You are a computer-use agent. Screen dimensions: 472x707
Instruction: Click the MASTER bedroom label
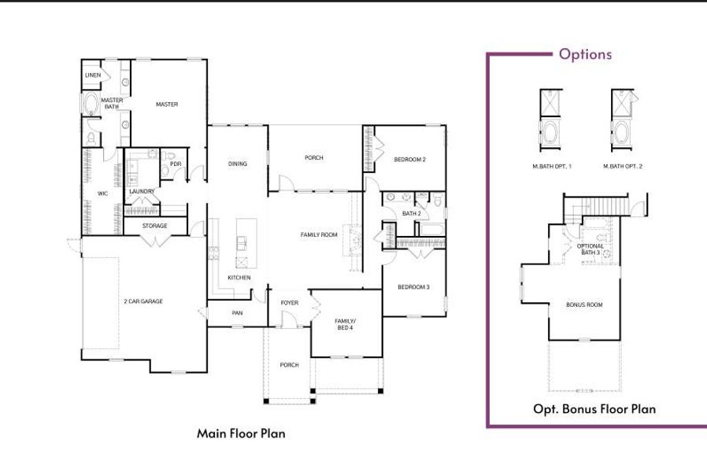(x=167, y=105)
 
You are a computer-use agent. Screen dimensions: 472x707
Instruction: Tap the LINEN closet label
(x=93, y=76)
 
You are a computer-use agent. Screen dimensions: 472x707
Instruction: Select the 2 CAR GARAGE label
(x=143, y=301)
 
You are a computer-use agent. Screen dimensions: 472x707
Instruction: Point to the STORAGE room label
(x=154, y=227)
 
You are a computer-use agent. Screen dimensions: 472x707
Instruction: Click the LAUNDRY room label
(x=142, y=191)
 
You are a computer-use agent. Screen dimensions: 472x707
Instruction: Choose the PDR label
(x=176, y=164)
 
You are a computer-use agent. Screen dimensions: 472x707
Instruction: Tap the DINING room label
(x=238, y=164)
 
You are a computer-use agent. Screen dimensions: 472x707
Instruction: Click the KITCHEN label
(x=239, y=278)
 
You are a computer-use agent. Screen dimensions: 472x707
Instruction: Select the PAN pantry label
(x=237, y=313)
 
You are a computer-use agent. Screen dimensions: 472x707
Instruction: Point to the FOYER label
(x=289, y=303)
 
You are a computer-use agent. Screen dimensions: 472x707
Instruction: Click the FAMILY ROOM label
(x=319, y=234)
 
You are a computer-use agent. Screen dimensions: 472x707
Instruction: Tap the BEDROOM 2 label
(x=409, y=160)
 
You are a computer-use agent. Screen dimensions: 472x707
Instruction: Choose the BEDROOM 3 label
(x=413, y=287)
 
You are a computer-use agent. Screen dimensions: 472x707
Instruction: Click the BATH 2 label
(x=411, y=213)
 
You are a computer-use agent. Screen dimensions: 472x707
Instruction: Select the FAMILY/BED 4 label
(x=345, y=324)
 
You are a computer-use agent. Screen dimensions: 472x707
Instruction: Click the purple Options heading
(x=585, y=54)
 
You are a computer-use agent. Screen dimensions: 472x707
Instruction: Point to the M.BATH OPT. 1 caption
(x=552, y=167)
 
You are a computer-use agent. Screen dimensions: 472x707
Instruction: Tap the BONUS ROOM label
(x=584, y=304)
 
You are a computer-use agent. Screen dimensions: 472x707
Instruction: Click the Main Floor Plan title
(x=241, y=433)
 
